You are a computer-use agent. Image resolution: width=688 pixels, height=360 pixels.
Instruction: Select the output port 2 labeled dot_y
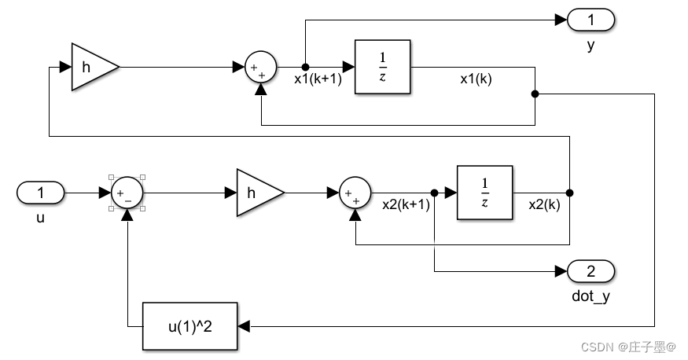tap(591, 272)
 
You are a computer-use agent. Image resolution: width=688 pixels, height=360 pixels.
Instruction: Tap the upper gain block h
tap(91, 68)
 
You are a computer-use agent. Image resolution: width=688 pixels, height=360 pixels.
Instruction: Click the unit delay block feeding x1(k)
tap(382, 68)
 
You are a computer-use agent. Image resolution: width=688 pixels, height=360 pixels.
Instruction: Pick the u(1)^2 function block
tap(189, 325)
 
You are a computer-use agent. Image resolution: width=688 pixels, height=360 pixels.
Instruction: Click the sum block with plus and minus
tap(127, 193)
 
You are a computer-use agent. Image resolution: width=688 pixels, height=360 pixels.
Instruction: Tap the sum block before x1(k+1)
tap(260, 68)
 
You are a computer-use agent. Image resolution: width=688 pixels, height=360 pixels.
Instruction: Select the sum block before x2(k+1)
tap(355, 193)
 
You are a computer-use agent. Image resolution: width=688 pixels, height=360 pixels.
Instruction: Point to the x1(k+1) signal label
tap(318, 79)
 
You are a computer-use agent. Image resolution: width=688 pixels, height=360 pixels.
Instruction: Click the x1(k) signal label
tap(476, 79)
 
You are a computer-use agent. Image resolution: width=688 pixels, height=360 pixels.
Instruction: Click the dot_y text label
tap(591, 296)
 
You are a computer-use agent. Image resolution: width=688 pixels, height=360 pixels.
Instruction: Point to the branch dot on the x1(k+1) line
tap(306, 68)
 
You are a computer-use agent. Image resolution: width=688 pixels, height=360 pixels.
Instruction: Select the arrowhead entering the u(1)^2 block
tap(243, 325)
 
